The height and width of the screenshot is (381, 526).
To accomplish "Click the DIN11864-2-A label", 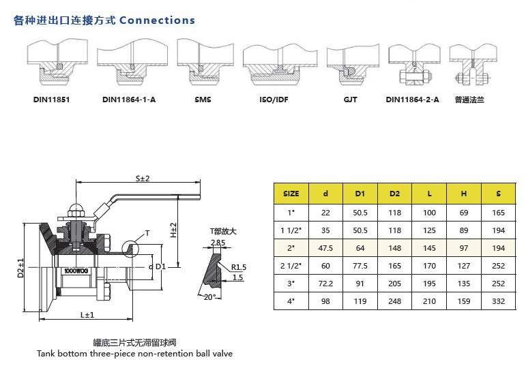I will (412, 100).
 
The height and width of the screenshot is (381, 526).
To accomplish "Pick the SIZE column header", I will (291, 194).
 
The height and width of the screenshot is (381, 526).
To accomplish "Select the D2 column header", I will (394, 194).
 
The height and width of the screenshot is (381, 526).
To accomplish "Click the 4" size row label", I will (291, 300).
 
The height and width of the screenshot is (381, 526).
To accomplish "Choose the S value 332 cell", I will (498, 300).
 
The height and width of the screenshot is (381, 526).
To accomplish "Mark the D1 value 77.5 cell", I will (360, 264).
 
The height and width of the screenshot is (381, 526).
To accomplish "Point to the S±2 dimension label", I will (142, 178).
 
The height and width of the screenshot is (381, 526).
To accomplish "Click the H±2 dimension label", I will (173, 229).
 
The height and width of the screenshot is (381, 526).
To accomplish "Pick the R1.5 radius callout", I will (238, 266).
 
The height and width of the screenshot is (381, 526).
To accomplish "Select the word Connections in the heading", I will (157, 20).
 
